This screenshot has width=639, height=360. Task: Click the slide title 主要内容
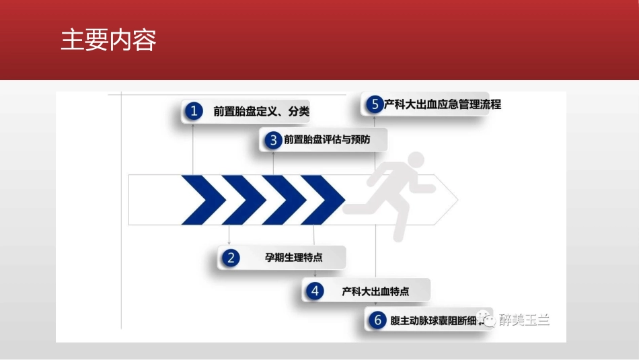(x=108, y=40)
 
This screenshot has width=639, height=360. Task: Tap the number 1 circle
(x=194, y=111)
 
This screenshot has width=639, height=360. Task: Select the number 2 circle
(x=231, y=257)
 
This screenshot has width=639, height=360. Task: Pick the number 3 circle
(x=273, y=140)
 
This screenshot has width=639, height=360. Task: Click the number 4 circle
(x=314, y=291)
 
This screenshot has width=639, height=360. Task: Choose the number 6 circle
(x=377, y=320)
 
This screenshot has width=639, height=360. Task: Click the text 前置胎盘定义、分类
(x=262, y=112)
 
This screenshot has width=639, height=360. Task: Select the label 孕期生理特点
(x=294, y=257)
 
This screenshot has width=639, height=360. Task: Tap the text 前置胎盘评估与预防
(x=327, y=140)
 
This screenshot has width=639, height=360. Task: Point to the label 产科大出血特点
(x=375, y=291)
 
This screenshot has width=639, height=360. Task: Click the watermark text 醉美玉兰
(x=525, y=320)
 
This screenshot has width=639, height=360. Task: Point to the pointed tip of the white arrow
(x=457, y=200)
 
